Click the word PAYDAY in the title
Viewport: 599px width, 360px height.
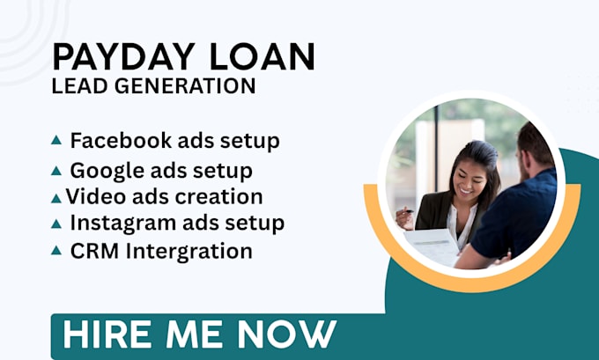[123, 57]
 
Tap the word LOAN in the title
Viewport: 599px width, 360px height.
[263, 57]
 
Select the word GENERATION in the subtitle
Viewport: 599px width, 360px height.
[185, 85]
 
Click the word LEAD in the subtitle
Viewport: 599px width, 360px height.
[80, 85]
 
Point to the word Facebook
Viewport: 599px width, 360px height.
[121, 140]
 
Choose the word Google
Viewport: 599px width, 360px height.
[107, 170]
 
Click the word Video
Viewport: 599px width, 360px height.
[96, 196]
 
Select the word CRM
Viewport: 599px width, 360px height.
[94, 251]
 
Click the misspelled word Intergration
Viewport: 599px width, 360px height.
[189, 252]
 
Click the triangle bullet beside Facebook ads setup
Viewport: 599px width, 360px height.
[56, 140]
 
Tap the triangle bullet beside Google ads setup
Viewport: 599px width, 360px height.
[56, 171]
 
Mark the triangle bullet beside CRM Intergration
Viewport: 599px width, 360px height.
[56, 251]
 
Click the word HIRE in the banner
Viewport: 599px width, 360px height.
[107, 334]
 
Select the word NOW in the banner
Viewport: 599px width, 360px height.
[286, 334]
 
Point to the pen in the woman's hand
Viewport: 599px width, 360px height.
[407, 210]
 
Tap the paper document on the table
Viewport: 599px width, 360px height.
[432, 246]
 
